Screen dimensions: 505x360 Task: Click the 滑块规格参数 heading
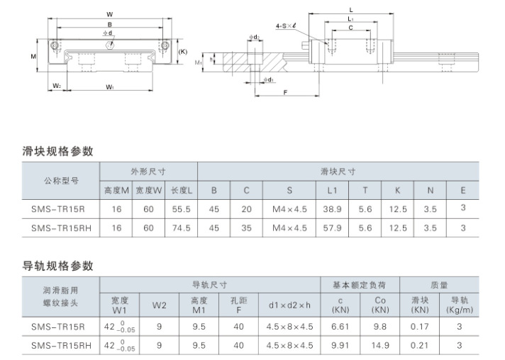click(57, 151)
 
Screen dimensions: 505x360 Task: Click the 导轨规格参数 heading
click(57, 266)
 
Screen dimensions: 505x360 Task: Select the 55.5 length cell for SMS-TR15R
click(181, 209)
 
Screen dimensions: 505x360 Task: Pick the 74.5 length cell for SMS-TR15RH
click(181, 227)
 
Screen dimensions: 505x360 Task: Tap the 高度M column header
click(116, 191)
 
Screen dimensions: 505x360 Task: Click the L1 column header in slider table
click(332, 191)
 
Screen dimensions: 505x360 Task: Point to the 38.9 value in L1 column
click(332, 209)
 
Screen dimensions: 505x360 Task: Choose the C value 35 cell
click(246, 227)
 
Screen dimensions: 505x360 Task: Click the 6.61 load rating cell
click(340, 327)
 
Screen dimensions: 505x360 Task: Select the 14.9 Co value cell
click(380, 345)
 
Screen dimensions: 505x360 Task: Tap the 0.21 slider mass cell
click(419, 345)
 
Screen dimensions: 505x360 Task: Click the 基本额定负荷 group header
click(360, 285)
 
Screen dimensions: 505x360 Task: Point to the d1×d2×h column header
click(289, 305)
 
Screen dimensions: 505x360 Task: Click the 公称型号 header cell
click(61, 181)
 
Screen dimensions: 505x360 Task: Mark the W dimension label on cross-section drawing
click(110, 14)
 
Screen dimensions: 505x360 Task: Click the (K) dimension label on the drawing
click(182, 52)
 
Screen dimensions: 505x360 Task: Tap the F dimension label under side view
click(285, 93)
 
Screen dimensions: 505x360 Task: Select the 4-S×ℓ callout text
click(286, 26)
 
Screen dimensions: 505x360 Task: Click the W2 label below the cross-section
click(57, 86)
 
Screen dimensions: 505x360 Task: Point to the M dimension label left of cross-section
click(33, 57)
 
